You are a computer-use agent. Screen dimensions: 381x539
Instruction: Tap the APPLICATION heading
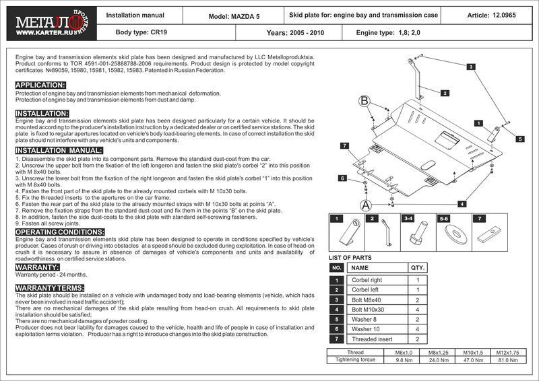click(x=40, y=85)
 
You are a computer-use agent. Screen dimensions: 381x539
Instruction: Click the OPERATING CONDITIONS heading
click(x=60, y=232)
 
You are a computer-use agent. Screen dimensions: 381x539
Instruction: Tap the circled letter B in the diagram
click(x=364, y=101)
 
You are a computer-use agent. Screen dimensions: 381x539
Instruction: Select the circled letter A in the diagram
click(x=366, y=205)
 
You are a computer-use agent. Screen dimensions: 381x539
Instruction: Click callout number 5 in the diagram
click(x=520, y=139)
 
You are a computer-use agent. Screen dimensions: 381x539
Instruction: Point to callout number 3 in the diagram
click(x=471, y=66)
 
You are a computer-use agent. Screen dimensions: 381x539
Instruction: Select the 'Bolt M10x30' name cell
click(x=368, y=309)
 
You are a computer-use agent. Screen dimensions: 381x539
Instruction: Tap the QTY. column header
click(x=418, y=267)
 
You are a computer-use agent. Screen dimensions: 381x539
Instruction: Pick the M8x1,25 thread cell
click(x=438, y=352)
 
